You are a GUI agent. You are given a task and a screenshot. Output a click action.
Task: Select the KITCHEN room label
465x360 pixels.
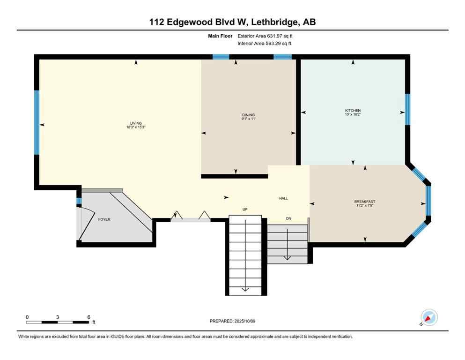[x=353, y=111]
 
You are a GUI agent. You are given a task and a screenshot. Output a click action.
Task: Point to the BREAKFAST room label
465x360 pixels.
[x=364, y=202]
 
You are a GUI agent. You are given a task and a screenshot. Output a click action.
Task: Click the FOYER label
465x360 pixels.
[x=104, y=219]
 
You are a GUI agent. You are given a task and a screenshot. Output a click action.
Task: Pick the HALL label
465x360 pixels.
[x=283, y=198]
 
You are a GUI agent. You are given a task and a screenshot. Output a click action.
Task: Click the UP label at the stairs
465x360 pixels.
[x=244, y=210]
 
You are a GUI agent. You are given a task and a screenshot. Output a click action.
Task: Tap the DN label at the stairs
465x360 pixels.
[x=289, y=218]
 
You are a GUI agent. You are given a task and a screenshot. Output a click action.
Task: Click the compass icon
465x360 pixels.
[x=429, y=317]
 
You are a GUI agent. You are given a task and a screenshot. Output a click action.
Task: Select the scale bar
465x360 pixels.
[x=57, y=322]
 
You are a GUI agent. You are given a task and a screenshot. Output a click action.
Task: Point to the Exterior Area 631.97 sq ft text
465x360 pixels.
[x=266, y=36]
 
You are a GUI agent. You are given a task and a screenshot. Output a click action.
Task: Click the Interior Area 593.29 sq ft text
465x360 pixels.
[x=266, y=44]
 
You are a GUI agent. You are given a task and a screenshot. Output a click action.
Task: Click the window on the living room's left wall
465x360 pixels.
[x=37, y=123]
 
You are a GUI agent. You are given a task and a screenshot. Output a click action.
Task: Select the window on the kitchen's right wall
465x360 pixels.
[x=407, y=110]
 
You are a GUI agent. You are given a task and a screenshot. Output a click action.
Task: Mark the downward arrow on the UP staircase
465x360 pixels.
[x=245, y=289]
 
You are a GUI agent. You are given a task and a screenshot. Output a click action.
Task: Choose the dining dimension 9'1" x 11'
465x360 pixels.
[x=248, y=119]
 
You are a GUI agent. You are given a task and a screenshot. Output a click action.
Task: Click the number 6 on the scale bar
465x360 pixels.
[x=89, y=317]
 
